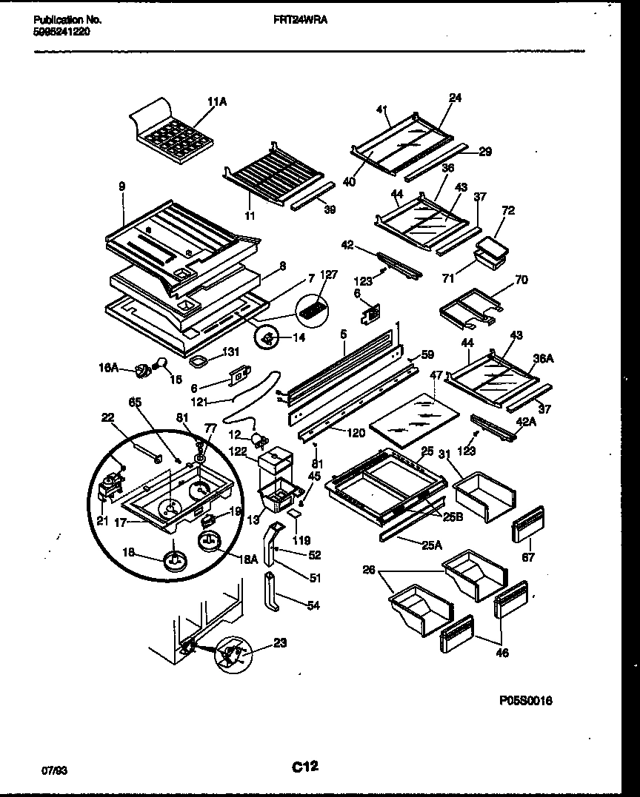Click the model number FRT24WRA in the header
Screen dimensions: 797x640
pyautogui.click(x=307, y=21)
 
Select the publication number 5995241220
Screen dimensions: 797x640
pyautogui.click(x=63, y=32)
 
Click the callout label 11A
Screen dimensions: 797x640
pyautogui.click(x=216, y=103)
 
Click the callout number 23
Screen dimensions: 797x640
pyautogui.click(x=279, y=642)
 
